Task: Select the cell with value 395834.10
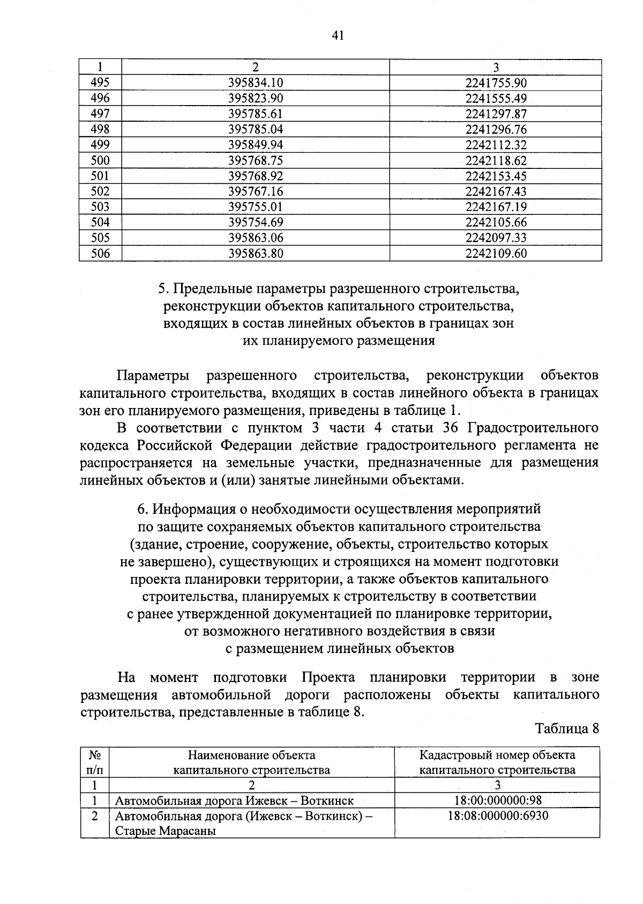point(255,83)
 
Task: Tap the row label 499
point(100,145)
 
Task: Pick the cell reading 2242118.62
point(496,160)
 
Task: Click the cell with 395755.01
point(255,207)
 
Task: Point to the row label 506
point(100,254)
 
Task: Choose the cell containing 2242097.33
point(496,238)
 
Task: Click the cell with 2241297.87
point(496,114)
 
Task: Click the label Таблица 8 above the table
point(566,729)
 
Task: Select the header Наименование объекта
point(251,755)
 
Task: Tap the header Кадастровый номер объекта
point(497,755)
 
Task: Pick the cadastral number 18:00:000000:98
point(498,801)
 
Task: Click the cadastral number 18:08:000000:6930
point(498,816)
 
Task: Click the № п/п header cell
point(95,762)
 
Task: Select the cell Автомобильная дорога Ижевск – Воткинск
point(234,801)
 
